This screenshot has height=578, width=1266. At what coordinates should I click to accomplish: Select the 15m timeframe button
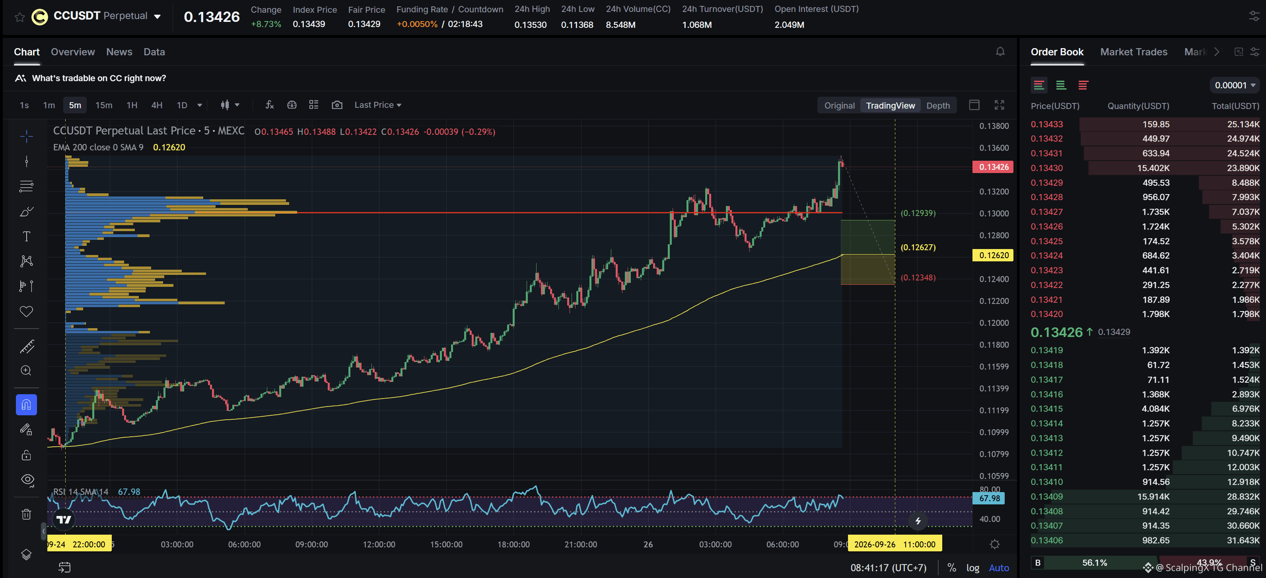(x=104, y=105)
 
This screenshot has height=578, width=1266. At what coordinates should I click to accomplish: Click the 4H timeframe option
(x=157, y=105)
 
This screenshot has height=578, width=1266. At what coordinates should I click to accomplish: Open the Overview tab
(x=73, y=52)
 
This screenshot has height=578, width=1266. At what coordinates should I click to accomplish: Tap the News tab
(x=119, y=52)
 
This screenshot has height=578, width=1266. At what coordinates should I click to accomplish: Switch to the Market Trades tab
(x=1133, y=52)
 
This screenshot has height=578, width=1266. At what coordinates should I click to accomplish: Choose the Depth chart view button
(x=938, y=105)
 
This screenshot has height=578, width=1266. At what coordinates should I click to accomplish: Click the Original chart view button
(x=839, y=105)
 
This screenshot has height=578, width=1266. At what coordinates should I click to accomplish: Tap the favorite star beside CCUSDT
(x=19, y=17)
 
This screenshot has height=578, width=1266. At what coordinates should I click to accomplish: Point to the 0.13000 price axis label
(x=994, y=213)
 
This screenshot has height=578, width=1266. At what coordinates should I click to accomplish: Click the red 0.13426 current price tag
(x=993, y=167)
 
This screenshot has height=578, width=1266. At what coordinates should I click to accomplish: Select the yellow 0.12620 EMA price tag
(x=993, y=255)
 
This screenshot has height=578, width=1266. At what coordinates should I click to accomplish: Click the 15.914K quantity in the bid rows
(x=1153, y=496)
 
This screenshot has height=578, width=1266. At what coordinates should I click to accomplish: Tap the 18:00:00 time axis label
(x=513, y=544)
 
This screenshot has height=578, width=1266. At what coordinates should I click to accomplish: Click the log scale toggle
(x=972, y=568)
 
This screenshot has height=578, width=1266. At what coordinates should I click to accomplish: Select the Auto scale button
(x=999, y=568)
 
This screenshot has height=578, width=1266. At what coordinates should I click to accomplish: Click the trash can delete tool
(x=26, y=514)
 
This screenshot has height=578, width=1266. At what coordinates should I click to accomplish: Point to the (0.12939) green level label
(x=918, y=213)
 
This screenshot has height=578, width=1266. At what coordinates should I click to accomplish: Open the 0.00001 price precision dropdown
(x=1234, y=85)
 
